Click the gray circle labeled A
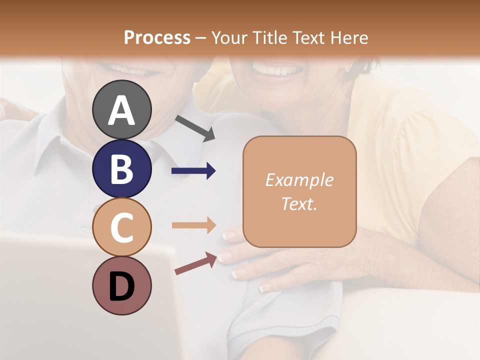121,109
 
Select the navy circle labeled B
121,168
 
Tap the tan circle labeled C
121,227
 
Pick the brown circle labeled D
121,286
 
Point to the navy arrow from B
193,171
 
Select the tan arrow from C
193,225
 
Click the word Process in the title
157,38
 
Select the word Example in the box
299,180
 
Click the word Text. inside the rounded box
299,204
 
